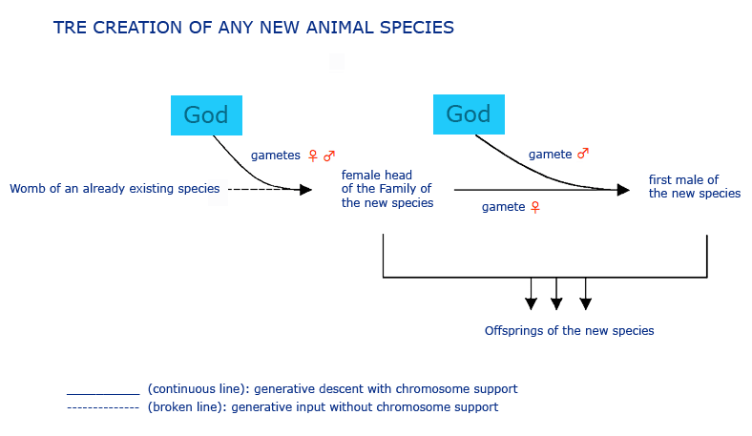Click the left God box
[206, 115]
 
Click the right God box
[469, 114]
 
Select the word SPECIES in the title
[417, 28]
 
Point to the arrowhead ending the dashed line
[305, 190]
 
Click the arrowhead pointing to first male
[623, 190]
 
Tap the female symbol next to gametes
[313, 156]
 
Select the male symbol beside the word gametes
[329, 156]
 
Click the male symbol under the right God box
[583, 154]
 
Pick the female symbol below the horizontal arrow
[535, 207]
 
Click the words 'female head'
[377, 176]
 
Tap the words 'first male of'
[683, 180]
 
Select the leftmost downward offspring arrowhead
[531, 303]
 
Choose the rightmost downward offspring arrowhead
[586, 303]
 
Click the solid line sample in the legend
[103, 394]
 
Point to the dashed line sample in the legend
[103, 407]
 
